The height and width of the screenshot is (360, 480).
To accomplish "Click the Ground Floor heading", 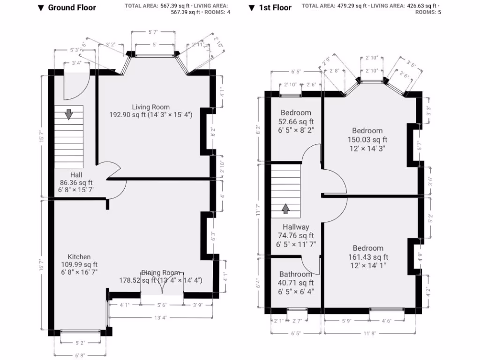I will point(71,7).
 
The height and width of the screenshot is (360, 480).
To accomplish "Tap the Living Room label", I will point(150,107).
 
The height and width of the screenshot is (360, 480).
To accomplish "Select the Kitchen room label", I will point(79,257).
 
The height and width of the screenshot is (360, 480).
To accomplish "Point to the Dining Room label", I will point(161,273).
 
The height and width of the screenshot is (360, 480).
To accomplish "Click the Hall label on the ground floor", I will point(75,174).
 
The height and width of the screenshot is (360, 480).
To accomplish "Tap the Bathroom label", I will point(295,274).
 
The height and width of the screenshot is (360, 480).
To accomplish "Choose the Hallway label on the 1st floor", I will point(295,227).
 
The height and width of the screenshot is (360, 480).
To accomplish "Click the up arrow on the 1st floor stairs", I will point(285,208).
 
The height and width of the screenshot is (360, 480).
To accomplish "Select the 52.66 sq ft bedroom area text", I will point(295,121).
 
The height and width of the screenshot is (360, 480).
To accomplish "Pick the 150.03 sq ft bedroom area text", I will point(367,139).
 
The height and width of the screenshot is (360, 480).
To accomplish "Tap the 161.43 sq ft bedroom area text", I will point(368,257).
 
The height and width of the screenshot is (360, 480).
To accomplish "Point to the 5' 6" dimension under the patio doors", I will point(162,305).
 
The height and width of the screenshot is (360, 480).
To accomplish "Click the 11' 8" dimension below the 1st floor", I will point(369,333).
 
